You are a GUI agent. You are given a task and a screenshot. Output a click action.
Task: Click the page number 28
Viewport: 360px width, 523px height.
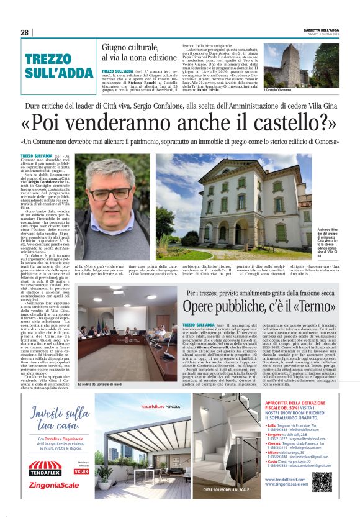[x=24, y=32]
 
